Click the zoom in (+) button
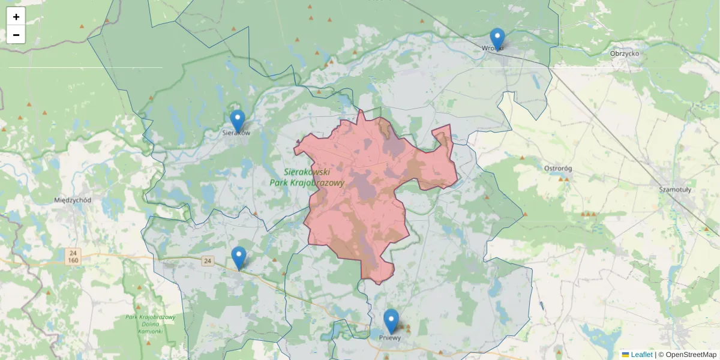tap(16, 17)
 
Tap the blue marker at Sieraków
tap(238, 120)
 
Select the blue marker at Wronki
tap(497, 38)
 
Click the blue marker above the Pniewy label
tap(391, 320)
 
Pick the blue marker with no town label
tap(239, 257)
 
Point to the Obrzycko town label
tap(625, 53)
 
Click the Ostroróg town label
tap(559, 169)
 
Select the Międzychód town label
tap(73, 200)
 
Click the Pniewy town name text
tap(390, 338)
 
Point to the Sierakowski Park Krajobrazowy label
tap(307, 177)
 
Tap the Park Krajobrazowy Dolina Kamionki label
tap(150, 324)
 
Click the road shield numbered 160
tap(73, 260)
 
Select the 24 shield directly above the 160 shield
tap(73, 253)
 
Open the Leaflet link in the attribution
tap(641, 355)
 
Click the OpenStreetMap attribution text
tap(691, 355)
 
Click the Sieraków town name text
tap(236, 133)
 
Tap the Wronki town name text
tap(493, 48)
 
